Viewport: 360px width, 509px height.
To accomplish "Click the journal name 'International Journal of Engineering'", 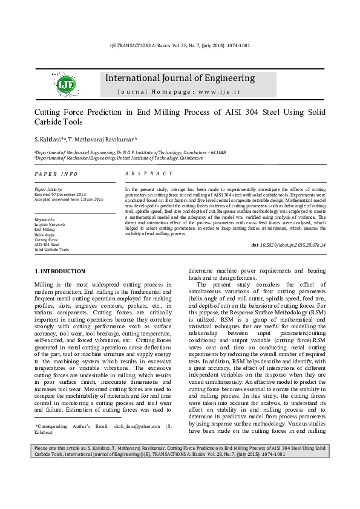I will coord(180,79).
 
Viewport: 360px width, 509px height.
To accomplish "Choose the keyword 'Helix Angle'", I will coord(45,235).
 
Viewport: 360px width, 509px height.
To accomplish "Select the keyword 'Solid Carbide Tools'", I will coord(52,249).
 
